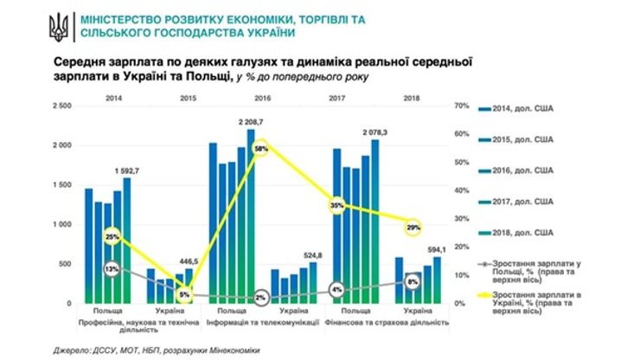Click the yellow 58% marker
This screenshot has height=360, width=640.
[261, 150]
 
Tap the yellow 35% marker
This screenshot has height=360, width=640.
[338, 206]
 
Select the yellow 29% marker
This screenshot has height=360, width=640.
[413, 227]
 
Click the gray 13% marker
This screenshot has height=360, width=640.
[112, 269]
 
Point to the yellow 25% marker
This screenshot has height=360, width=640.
[111, 236]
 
